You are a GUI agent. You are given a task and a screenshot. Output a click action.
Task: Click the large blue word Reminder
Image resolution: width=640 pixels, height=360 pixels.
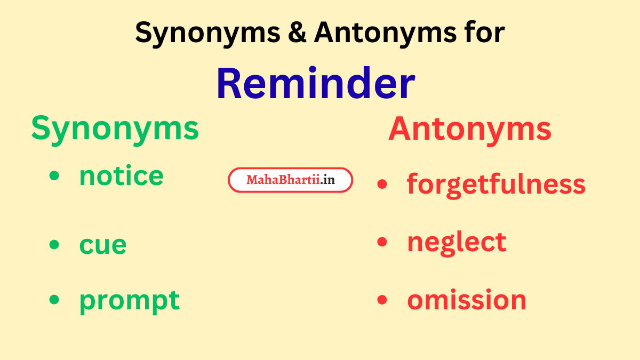316,84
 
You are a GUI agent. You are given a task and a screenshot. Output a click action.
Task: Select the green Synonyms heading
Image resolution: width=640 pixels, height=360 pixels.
115,129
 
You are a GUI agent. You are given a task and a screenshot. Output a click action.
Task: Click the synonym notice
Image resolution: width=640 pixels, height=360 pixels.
121,175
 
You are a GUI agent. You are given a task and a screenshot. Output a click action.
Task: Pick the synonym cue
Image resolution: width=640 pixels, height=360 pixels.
103,244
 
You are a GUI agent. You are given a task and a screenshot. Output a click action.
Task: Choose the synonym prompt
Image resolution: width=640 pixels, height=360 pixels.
129,300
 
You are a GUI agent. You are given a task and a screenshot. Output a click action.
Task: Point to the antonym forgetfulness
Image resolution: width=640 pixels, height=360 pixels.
496,184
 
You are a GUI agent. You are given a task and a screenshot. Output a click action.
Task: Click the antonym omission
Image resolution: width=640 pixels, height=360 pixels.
467,300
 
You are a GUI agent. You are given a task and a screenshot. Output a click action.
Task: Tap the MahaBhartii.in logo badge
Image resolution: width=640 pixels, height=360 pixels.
291,180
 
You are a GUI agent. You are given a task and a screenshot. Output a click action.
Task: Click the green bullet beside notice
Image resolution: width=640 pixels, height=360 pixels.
54,175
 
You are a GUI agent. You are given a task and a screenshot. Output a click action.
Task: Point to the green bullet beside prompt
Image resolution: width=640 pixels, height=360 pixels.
54,299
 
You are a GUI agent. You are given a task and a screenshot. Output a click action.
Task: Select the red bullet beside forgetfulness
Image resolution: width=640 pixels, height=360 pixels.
381,184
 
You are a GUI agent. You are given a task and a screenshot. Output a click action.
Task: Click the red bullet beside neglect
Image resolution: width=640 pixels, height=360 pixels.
381,242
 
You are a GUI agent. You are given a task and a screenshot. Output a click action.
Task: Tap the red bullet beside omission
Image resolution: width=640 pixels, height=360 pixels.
381,300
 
